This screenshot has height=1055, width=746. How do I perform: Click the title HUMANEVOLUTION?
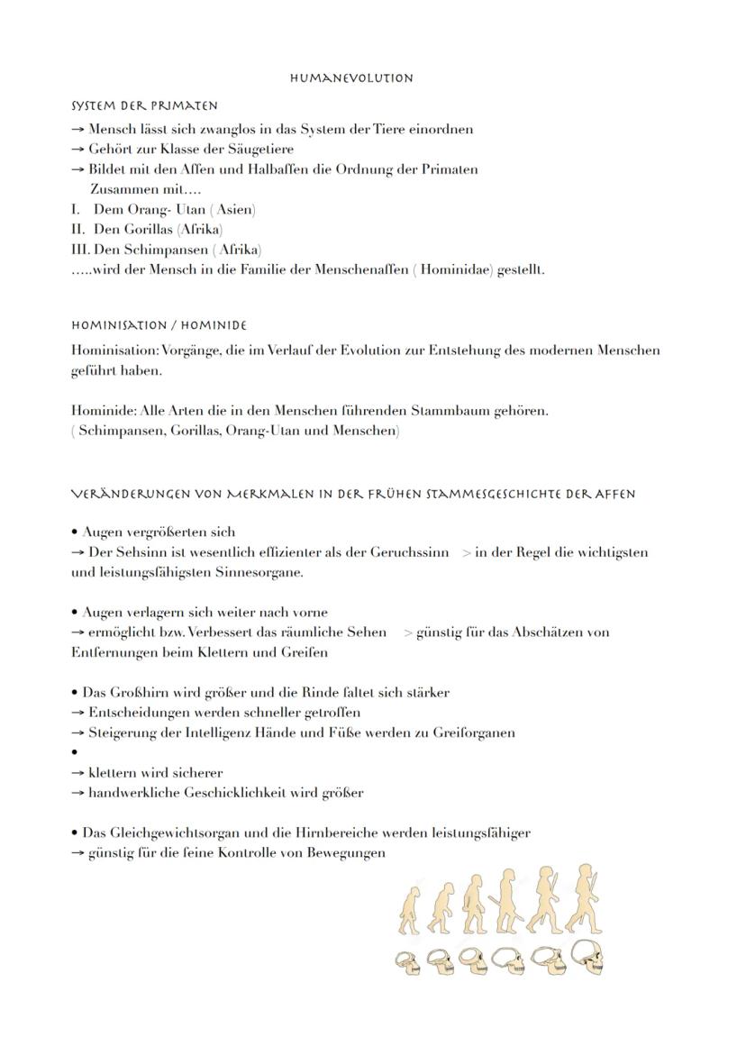(351, 78)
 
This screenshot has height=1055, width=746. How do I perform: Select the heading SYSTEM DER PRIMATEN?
(144, 106)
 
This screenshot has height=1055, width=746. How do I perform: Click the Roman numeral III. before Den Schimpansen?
(80, 250)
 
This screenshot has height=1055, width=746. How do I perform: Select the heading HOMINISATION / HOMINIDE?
(159, 325)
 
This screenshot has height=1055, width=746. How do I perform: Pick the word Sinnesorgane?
(260, 572)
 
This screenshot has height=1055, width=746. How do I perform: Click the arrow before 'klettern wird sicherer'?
(78, 773)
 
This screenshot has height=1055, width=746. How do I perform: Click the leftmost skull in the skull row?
(407, 960)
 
